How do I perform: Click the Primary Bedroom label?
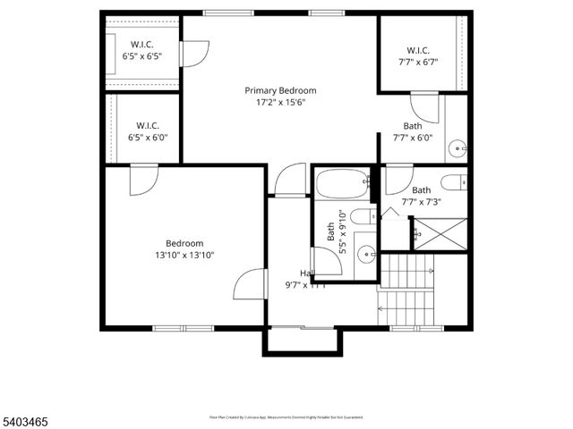coord(281,90)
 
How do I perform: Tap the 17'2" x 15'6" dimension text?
coord(281,104)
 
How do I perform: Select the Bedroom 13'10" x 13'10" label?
coord(184,248)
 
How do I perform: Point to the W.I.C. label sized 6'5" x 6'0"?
coord(148,131)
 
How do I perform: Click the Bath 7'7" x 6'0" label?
coord(412,131)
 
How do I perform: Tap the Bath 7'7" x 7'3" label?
coord(421,196)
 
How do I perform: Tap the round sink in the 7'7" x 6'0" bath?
coord(458,147)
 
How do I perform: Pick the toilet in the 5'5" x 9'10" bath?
coord(360,216)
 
